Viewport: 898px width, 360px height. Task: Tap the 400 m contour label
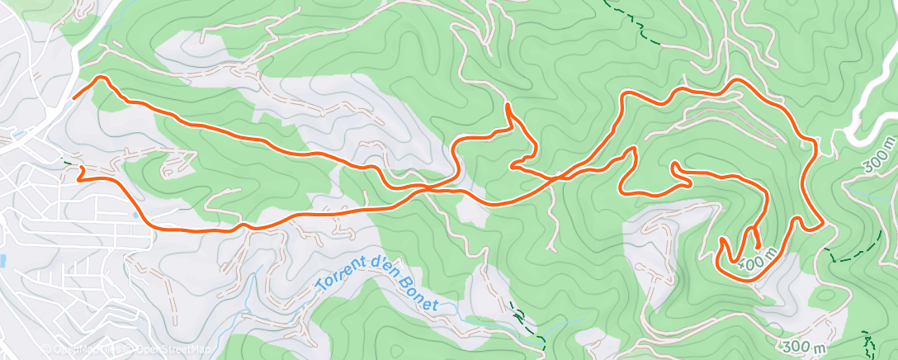[x=759, y=258]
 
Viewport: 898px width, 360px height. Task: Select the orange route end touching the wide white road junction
[x=74, y=98]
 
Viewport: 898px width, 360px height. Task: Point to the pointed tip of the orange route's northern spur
[x=506, y=105]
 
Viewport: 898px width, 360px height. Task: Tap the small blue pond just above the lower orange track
[x=135, y=216]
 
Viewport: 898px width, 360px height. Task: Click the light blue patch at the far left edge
[x=2, y=261]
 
